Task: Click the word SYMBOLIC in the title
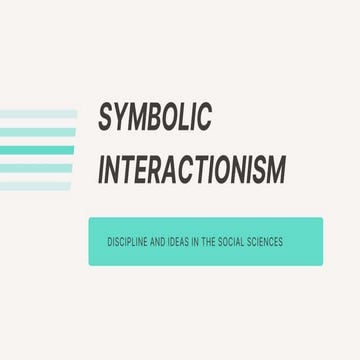coord(155,118)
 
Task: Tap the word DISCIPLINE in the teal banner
coord(128,241)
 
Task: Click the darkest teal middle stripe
coord(37,150)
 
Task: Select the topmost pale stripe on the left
coord(38,114)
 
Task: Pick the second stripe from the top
coord(37,132)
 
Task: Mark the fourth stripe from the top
coord(37,168)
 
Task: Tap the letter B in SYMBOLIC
coord(158,118)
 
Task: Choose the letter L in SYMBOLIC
coord(187,118)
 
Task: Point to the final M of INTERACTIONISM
coord(274,170)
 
